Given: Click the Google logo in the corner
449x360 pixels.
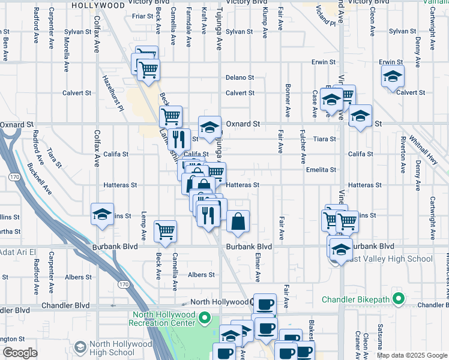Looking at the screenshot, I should click(x=20, y=353).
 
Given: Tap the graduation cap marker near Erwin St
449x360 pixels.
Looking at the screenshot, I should click(x=393, y=76).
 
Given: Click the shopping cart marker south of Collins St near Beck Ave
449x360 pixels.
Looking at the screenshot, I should click(x=165, y=231).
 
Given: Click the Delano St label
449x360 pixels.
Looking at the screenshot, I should click(x=240, y=77).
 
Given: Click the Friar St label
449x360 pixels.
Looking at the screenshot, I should click(x=143, y=16).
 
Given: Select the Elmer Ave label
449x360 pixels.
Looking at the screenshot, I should click(x=257, y=267).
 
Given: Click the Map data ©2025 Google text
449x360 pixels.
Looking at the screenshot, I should click(x=412, y=355).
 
